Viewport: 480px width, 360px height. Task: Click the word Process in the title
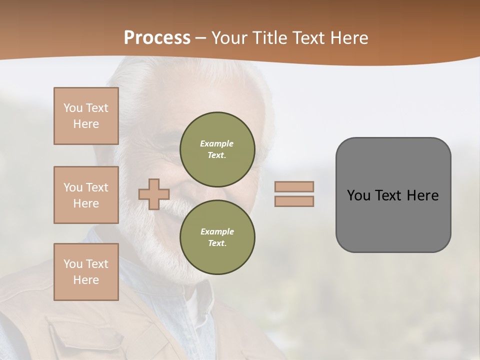(x=157, y=38)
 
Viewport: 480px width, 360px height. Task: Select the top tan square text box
(x=86, y=116)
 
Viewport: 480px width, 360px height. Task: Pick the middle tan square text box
(x=86, y=195)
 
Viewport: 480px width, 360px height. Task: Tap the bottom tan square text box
(x=86, y=272)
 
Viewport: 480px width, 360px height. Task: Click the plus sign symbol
(x=154, y=194)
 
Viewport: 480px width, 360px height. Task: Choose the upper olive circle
(x=217, y=149)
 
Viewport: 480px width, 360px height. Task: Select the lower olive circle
(x=217, y=237)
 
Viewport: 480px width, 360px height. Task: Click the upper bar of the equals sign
(x=294, y=186)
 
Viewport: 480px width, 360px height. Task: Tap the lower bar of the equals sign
(x=294, y=201)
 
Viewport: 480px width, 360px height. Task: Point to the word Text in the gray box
(x=388, y=195)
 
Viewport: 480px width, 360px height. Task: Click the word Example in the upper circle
(x=216, y=143)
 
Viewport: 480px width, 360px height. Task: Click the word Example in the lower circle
(x=216, y=231)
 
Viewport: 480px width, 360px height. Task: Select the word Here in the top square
(x=86, y=124)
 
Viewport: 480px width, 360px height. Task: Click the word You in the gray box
(x=358, y=195)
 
